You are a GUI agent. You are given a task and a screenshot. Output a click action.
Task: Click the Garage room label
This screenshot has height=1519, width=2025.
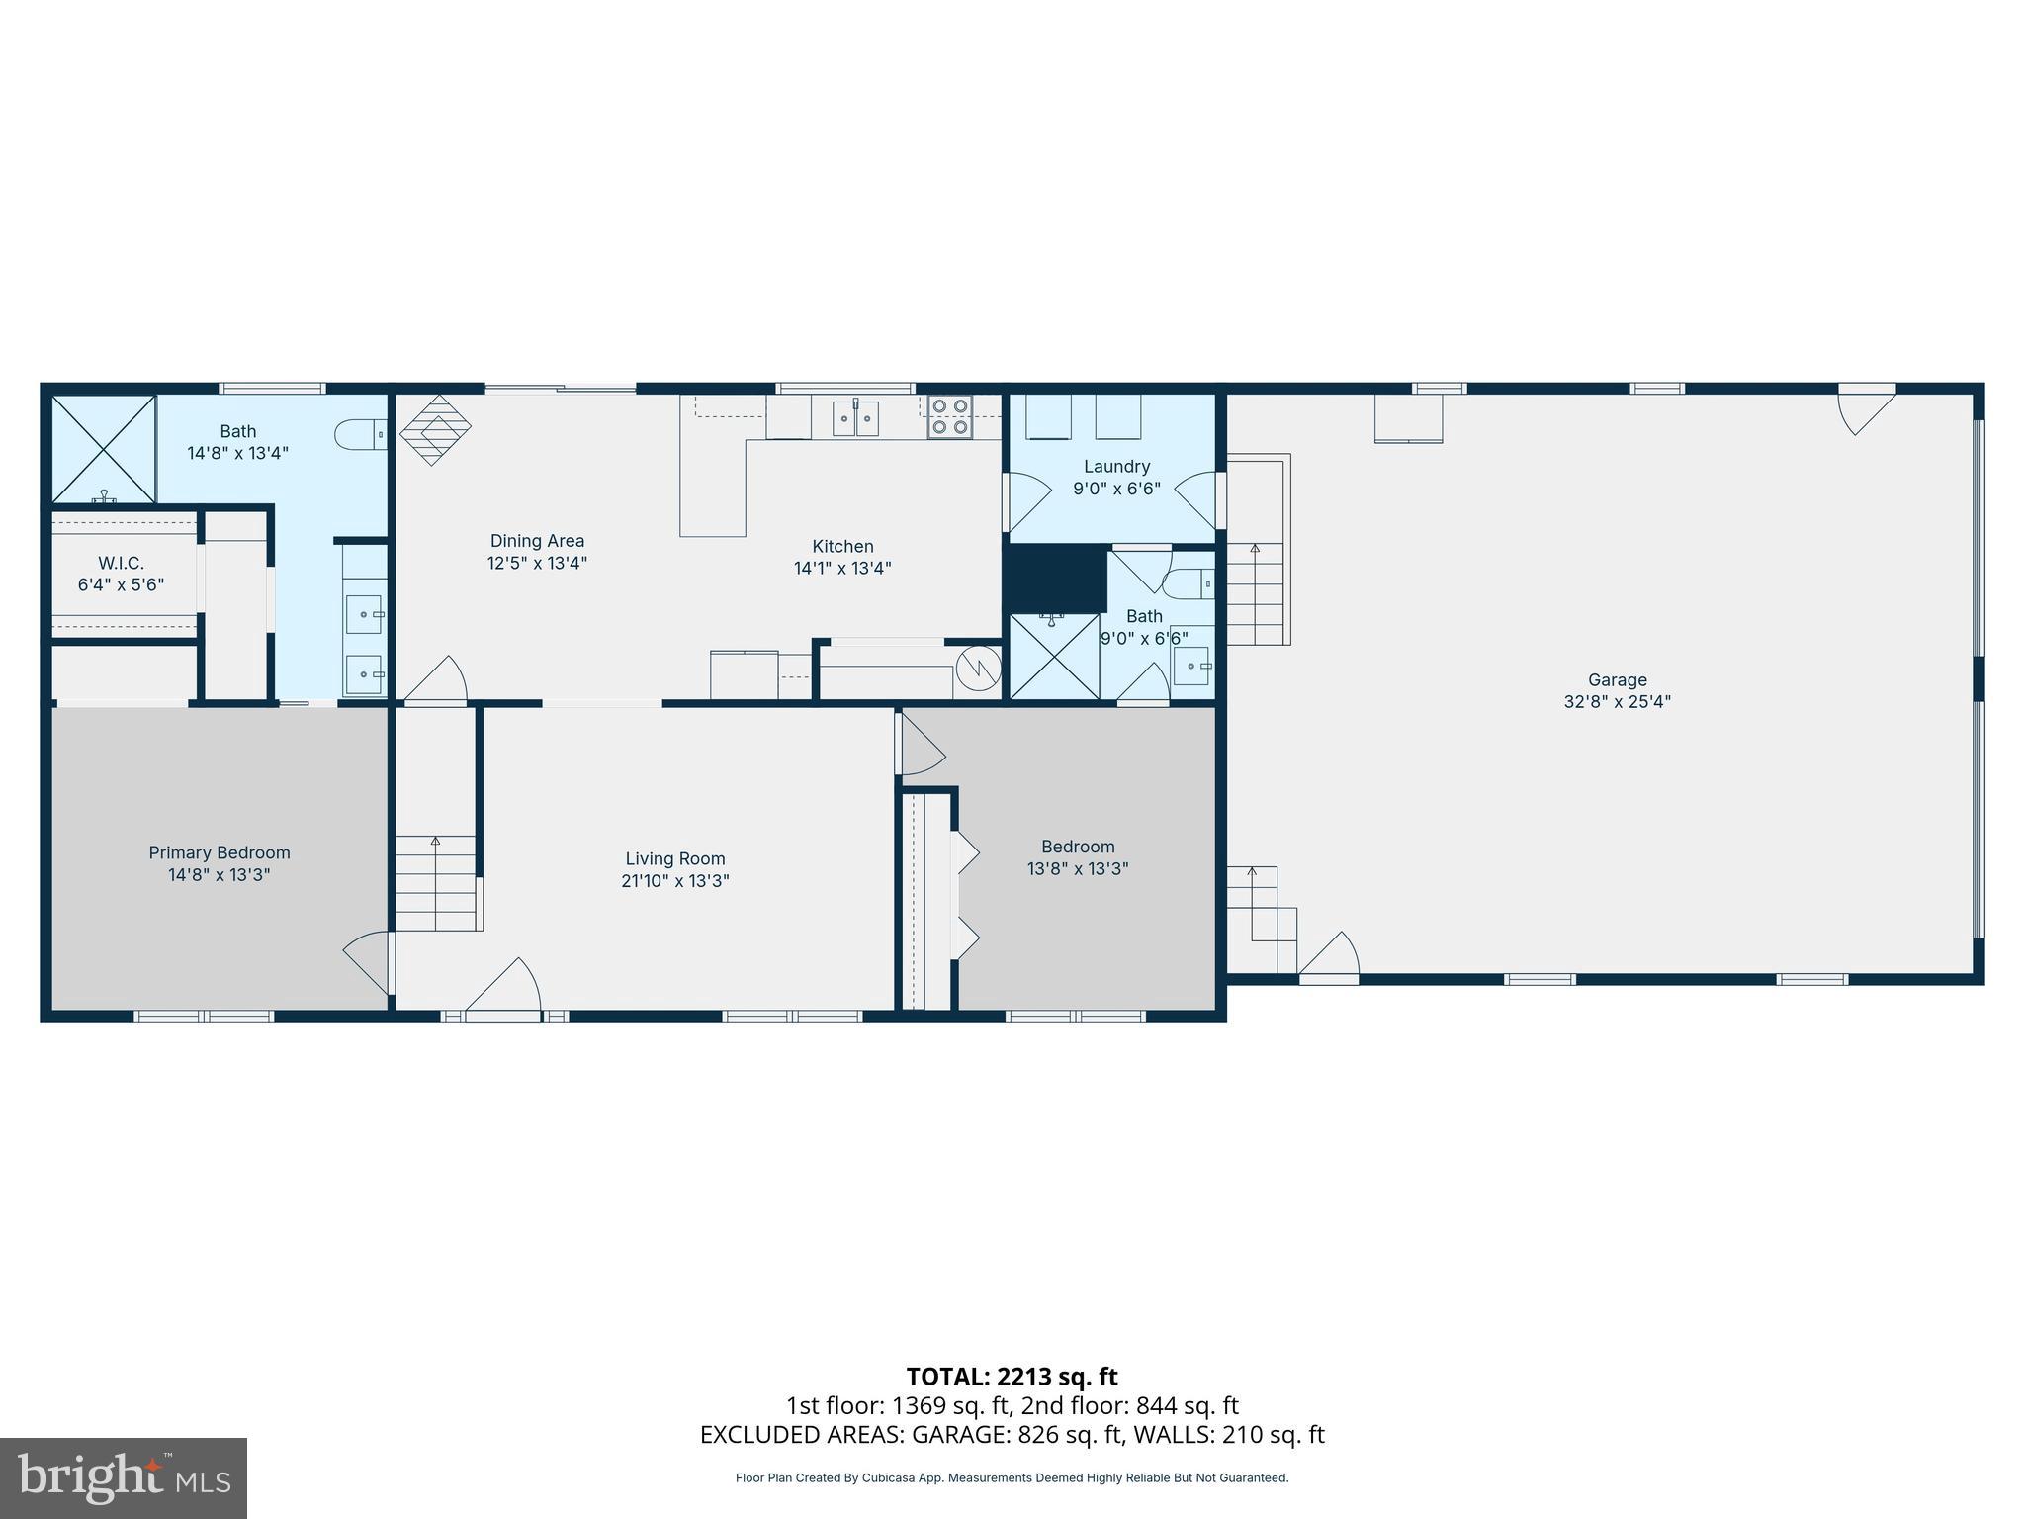coord(1617,679)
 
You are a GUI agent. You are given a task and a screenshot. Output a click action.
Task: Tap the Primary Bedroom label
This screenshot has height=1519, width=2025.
coord(220,852)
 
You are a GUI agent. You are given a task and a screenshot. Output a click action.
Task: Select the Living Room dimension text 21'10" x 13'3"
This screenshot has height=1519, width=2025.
coord(674,881)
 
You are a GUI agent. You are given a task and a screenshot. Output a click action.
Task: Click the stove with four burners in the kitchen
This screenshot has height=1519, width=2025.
coord(949,417)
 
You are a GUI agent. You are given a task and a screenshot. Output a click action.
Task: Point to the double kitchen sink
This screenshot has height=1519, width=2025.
coord(855,417)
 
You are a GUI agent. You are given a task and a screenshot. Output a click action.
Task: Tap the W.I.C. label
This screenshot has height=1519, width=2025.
coord(121,563)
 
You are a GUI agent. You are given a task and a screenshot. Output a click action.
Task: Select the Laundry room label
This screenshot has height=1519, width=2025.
coord(1116,466)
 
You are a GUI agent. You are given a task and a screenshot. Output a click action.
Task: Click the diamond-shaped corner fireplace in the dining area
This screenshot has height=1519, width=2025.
coord(434,430)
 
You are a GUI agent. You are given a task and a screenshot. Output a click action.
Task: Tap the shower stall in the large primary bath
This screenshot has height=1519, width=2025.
coord(104,448)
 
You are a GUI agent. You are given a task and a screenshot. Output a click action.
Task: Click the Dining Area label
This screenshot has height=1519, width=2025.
coord(537,541)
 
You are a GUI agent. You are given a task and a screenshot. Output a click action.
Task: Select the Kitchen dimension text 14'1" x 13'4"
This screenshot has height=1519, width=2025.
coord(842,569)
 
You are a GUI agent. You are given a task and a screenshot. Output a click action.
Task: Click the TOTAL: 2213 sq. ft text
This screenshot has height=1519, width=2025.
coord(1012,1377)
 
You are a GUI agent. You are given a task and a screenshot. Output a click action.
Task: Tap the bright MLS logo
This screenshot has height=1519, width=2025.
coord(123,1477)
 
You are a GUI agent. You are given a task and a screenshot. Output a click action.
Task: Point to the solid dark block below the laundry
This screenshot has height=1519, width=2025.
coord(1055,579)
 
